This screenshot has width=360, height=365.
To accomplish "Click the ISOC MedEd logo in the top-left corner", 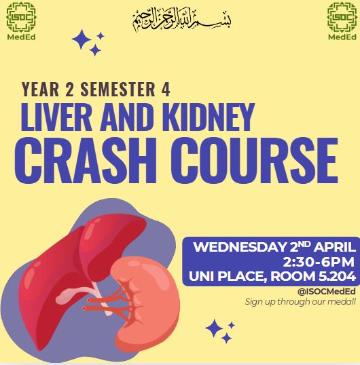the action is pos(21,21).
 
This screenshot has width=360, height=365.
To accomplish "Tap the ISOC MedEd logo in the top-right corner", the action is pos(342,21).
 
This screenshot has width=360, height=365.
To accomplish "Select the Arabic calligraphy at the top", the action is pos(182,20).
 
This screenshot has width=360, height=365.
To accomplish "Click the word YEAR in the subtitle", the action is pos(40,89).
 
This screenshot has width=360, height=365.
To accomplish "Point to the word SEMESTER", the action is pos(118,89).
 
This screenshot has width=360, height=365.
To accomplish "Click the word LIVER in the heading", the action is pos(56,117).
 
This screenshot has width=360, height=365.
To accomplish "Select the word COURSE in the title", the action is pos(255,160).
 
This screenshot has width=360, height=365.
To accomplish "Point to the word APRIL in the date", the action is pos(335,247).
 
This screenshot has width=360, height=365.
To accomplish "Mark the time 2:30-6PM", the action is pos(319,262).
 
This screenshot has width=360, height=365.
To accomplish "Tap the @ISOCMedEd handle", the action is pos(327,292).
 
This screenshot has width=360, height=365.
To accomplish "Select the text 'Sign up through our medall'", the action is pos(300,302).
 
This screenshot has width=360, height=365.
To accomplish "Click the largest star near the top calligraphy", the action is pos(82,39).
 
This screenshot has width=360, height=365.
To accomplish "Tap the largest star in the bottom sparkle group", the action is pos(214,328).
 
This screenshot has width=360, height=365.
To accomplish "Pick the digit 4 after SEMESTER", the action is pos(166,89).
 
